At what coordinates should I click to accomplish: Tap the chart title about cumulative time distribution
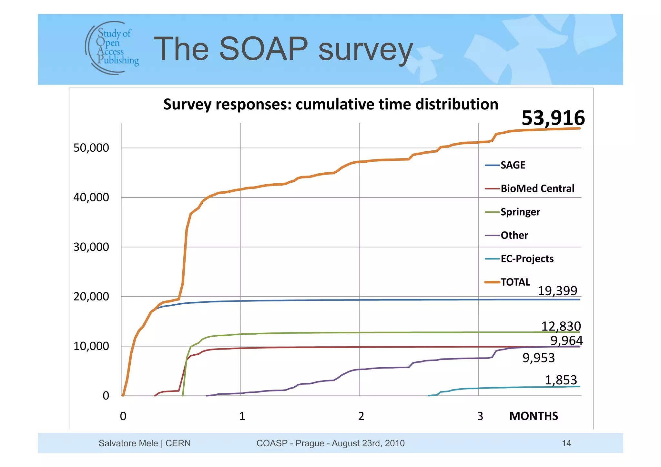click(330, 105)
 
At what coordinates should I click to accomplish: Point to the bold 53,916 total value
click(553, 118)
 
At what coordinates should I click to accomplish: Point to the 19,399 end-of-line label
click(557, 291)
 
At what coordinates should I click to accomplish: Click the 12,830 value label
click(561, 326)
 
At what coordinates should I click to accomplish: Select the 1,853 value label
click(561, 380)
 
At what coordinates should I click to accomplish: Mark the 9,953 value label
click(538, 358)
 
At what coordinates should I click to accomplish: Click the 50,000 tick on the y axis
click(91, 148)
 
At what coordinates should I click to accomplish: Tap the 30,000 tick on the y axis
click(91, 247)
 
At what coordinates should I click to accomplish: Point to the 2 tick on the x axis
click(361, 416)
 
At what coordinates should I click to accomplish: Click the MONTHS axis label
click(533, 416)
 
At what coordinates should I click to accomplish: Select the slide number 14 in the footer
click(566, 443)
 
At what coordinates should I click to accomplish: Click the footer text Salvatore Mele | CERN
click(144, 443)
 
